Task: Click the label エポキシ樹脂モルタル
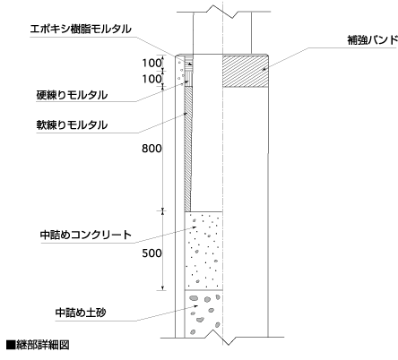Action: pyautogui.click(x=81, y=29)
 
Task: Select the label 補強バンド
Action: pyautogui.click(x=373, y=40)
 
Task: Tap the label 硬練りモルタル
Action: pyautogui.click(x=72, y=95)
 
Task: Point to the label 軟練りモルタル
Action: pyautogui.click(x=72, y=124)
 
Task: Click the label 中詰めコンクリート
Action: pyautogui.click(x=86, y=235)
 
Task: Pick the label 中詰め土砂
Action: pyautogui.click(x=81, y=313)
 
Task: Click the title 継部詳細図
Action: pyautogui.click(x=43, y=345)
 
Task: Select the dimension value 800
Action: pyautogui.click(x=151, y=149)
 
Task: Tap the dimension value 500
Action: pyautogui.click(x=151, y=253)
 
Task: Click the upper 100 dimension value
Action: pyautogui.click(x=151, y=63)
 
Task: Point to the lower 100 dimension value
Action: pyautogui.click(x=151, y=79)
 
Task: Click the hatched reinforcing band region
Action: pyautogui.click(x=245, y=72)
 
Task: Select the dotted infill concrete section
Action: pyautogui.click(x=203, y=251)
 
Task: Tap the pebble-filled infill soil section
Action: pyautogui.click(x=203, y=313)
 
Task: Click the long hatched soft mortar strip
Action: pyautogui.click(x=187, y=149)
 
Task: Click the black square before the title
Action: pyautogui.click(x=11, y=345)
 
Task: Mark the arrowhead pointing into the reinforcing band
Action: pyautogui.click(x=264, y=69)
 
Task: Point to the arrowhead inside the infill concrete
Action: pyautogui.click(x=195, y=227)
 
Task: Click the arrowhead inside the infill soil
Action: pyautogui.click(x=195, y=305)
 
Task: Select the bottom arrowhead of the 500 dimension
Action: pyautogui.click(x=162, y=287)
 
